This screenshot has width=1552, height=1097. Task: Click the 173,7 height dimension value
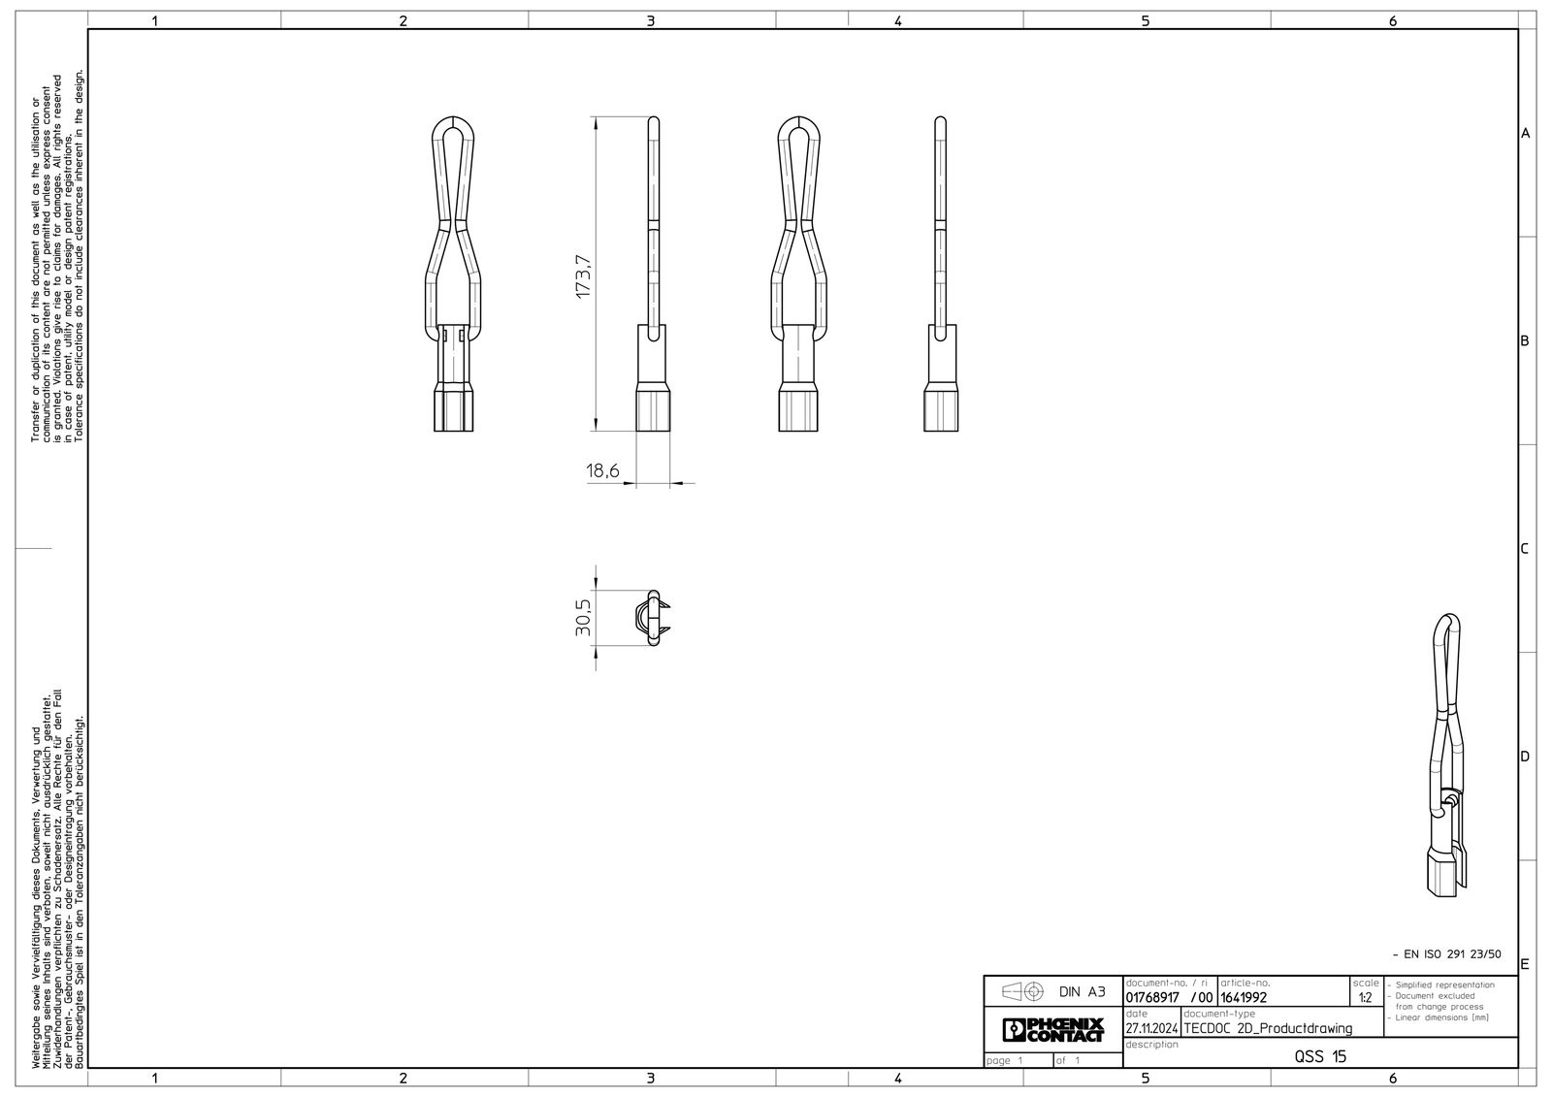583,276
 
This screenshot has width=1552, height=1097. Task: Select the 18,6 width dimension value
602,471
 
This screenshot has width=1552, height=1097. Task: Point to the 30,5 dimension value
583,618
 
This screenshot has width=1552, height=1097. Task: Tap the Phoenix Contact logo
1052,1029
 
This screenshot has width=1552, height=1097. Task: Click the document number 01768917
1152,998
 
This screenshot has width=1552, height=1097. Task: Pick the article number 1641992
1244,998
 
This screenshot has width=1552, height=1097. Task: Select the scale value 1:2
1365,998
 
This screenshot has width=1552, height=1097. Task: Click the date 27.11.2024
1151,1028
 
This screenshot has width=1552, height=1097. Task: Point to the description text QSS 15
1320,1056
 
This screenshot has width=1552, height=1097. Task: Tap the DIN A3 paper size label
1083,991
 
